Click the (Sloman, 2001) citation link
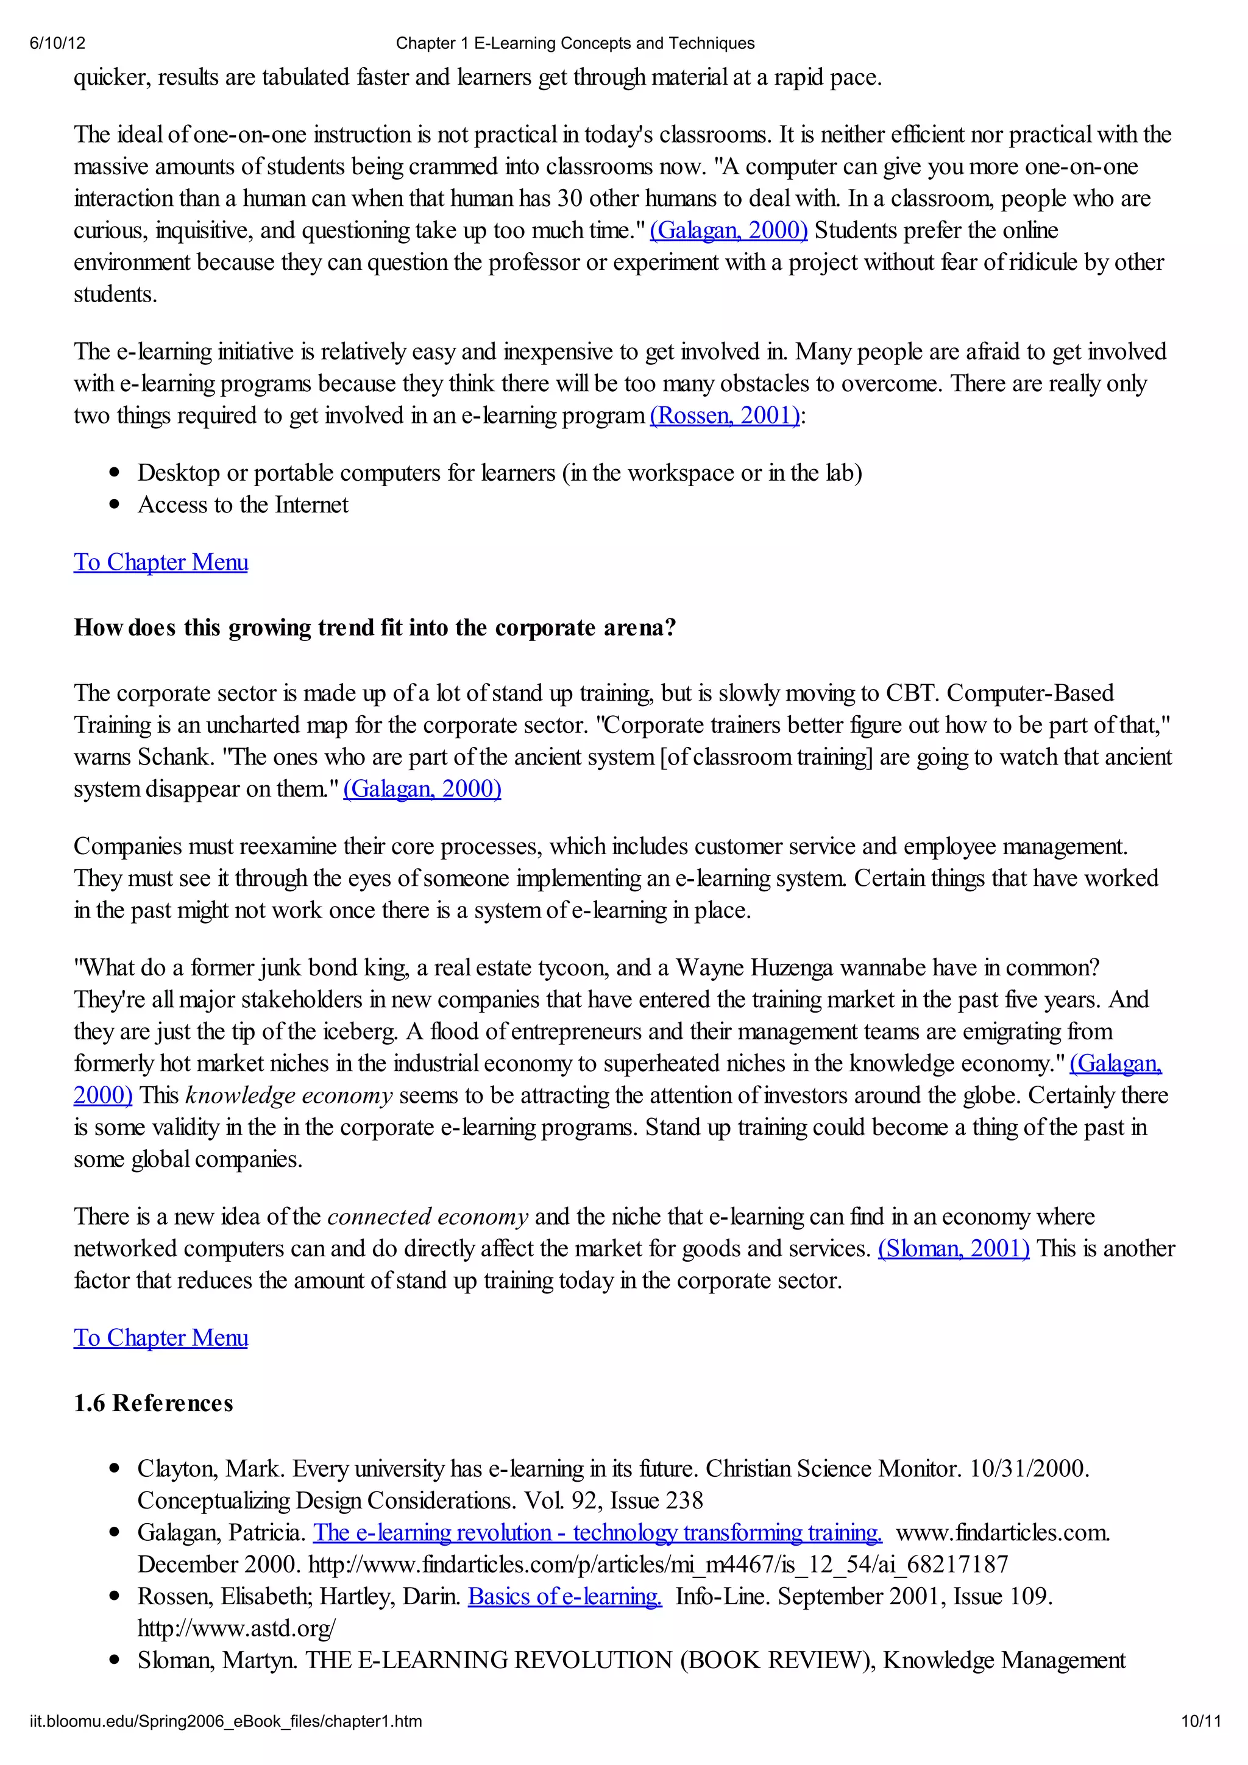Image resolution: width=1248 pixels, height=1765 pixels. coord(952,1248)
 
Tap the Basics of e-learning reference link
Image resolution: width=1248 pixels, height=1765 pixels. coord(564,1597)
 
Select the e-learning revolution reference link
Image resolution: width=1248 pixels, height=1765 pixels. coord(597,1533)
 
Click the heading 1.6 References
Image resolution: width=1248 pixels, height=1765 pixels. coord(153,1403)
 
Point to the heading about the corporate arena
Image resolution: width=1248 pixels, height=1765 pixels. coord(375,628)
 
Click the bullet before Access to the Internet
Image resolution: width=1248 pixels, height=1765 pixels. coord(115,505)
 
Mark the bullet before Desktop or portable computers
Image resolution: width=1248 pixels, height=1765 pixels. coord(115,473)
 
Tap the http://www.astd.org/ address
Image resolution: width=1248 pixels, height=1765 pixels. coord(236,1628)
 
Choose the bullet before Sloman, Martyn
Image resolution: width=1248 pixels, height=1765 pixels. coord(115,1660)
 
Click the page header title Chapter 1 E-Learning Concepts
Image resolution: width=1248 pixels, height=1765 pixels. coord(575,43)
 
